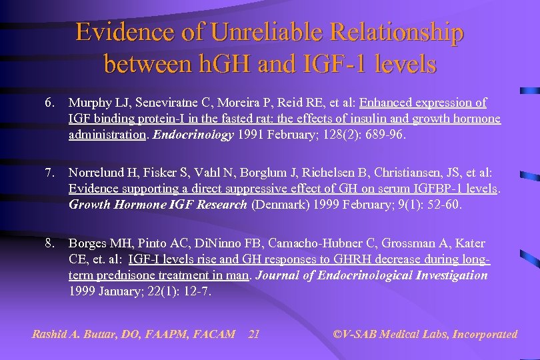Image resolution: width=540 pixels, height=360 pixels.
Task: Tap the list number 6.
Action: click(x=49, y=103)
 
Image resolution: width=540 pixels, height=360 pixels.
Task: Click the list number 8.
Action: click(x=49, y=243)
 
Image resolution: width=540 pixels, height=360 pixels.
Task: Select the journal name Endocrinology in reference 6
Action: click(x=200, y=135)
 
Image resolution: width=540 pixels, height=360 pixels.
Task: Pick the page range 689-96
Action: click(x=382, y=135)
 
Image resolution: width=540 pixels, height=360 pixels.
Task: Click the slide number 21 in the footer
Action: click(x=253, y=334)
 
